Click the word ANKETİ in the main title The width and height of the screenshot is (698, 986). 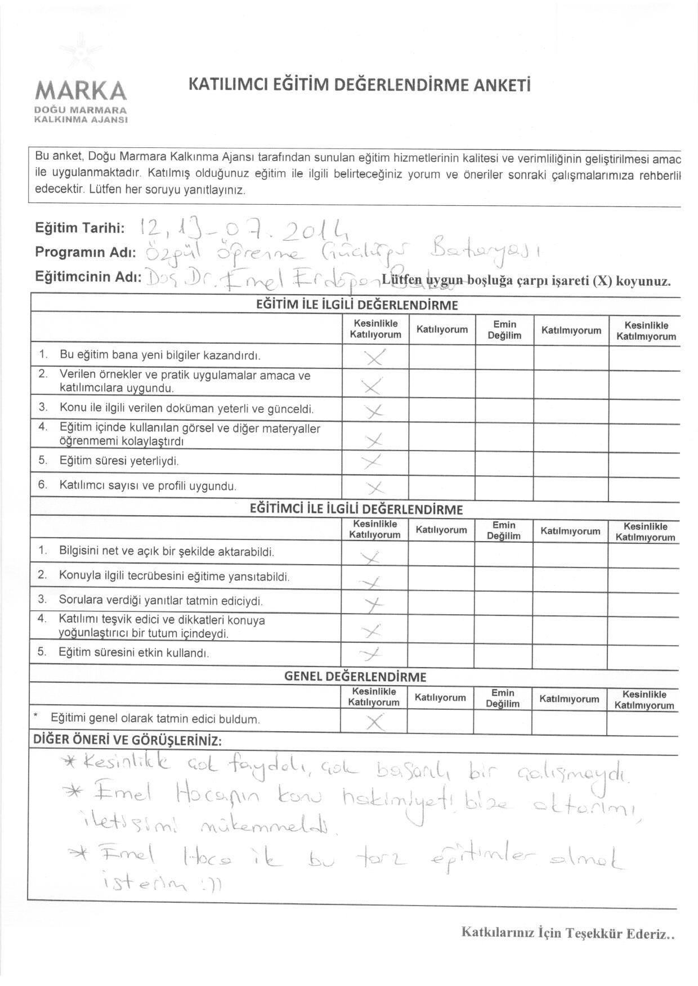pyautogui.click(x=503, y=85)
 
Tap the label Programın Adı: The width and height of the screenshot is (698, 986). pyautogui.click(x=86, y=252)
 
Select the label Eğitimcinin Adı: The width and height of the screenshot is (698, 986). pyautogui.click(x=88, y=277)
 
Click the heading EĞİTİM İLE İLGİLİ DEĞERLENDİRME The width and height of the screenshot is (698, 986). pyautogui.click(x=357, y=305)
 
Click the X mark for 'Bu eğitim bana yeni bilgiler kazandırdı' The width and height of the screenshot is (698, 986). pyautogui.click(x=374, y=357)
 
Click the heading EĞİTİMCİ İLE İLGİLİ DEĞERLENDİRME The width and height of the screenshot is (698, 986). pyautogui.click(x=356, y=510)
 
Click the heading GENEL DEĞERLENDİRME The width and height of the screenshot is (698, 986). pyautogui.click(x=355, y=677)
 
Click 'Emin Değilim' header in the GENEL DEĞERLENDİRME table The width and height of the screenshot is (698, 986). pyautogui.click(x=503, y=698)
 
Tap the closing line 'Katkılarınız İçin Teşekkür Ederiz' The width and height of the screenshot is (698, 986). pyautogui.click(x=567, y=933)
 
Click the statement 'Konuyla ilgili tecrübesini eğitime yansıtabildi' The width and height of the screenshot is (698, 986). pyautogui.click(x=174, y=577)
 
